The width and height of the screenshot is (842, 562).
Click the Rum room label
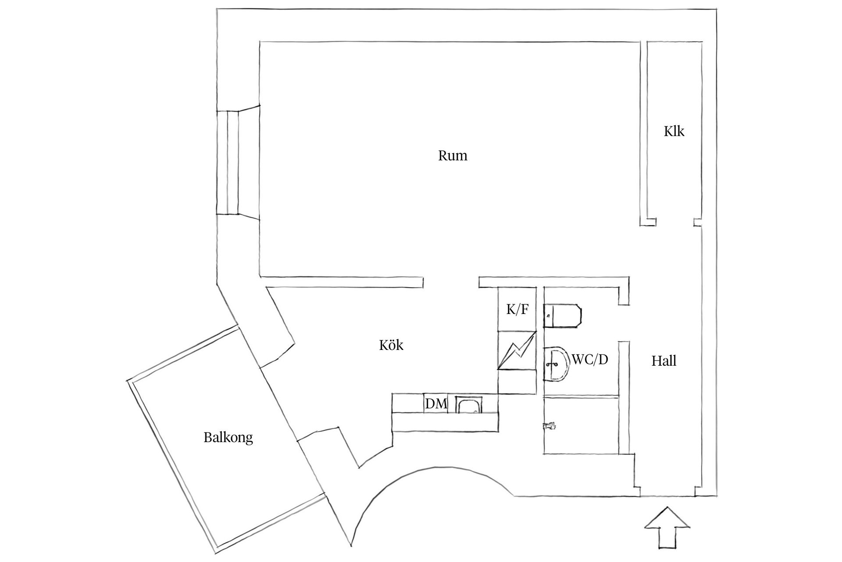453,156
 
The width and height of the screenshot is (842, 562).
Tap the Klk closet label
674,131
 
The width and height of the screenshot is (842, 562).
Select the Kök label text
391,345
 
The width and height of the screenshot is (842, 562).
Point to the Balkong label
228,437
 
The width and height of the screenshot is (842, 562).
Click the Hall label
664,361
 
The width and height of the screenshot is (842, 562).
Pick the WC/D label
590,360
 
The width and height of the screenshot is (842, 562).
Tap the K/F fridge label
517,310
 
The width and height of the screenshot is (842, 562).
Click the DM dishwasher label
436,403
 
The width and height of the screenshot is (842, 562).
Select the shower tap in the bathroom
549,425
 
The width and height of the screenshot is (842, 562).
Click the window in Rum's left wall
233,162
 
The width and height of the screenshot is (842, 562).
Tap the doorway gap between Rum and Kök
451,282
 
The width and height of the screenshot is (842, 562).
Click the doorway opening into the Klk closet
675,223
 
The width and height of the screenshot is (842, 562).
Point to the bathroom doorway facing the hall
624,323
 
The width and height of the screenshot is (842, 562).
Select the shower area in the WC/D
581,425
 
